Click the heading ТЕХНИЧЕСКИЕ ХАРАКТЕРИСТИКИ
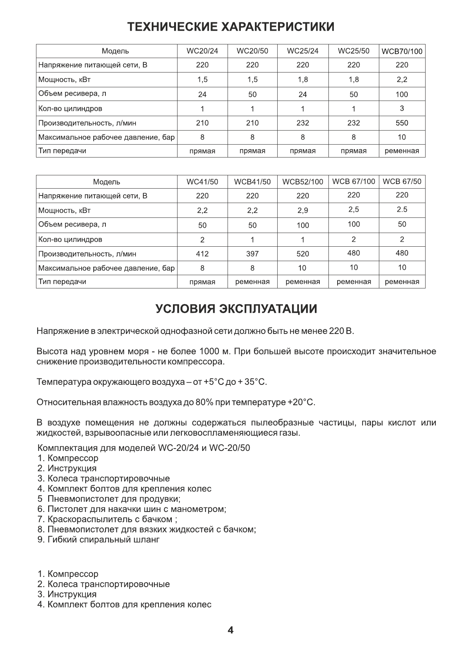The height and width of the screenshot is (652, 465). point(231,27)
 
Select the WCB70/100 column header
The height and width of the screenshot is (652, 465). point(402,51)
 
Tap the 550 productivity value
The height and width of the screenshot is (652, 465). point(402,123)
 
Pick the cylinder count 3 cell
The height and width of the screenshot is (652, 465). point(402,109)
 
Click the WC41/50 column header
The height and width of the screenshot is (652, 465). point(202,182)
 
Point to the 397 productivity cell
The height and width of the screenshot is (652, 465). point(252,254)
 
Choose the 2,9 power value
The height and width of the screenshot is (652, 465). point(303,211)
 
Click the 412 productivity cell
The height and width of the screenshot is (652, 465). point(202,254)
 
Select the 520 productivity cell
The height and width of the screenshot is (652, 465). point(303,254)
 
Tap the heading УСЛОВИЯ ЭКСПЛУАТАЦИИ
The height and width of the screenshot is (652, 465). point(236,309)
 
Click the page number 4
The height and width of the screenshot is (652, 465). point(231,630)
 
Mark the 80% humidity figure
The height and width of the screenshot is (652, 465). point(204,402)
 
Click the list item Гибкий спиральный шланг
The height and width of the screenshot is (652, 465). point(103,539)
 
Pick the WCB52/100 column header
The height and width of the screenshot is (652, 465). point(303,182)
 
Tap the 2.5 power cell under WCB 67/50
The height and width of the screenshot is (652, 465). point(402,209)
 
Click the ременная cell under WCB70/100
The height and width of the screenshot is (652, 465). point(402,151)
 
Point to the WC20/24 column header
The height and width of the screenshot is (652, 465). point(202,51)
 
